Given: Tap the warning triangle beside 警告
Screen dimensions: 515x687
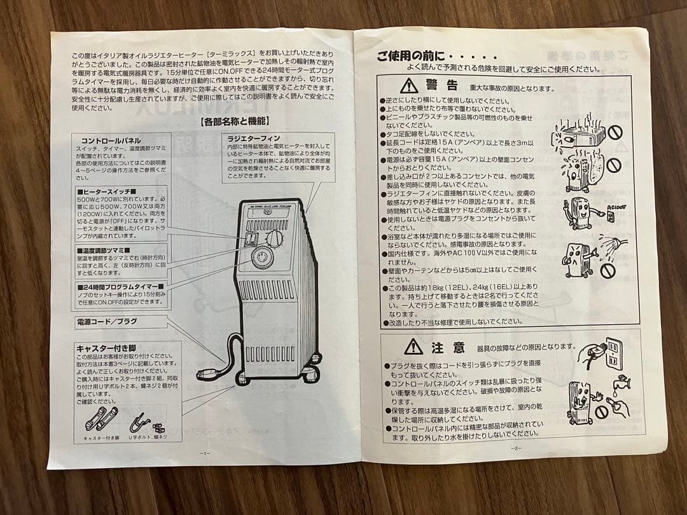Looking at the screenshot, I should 408,86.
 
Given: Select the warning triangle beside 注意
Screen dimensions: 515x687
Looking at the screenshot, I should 413,347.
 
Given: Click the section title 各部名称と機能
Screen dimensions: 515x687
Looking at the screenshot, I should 230,120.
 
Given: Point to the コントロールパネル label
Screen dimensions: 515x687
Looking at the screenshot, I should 111,141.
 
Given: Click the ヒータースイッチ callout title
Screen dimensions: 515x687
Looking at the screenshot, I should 106,191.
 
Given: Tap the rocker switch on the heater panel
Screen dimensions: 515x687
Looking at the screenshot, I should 252,240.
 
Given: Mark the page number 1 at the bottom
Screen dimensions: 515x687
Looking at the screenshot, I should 204,453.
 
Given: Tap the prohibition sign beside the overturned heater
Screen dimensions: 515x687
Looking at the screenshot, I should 614,133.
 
